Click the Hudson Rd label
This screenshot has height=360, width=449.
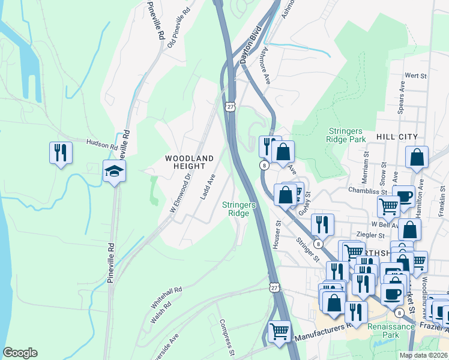point(102,145)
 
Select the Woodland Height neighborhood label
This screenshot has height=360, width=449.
point(190,162)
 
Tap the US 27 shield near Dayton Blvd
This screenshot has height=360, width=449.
point(230,106)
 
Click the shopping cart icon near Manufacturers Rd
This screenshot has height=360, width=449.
point(280,331)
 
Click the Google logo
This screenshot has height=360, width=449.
point(20,353)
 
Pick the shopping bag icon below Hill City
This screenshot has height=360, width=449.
point(417,158)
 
